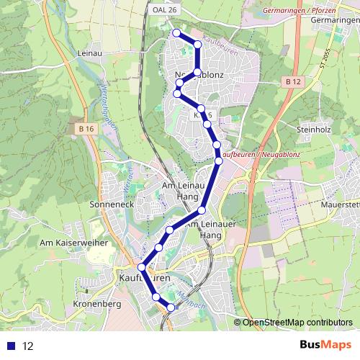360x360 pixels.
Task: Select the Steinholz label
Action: click(312, 129)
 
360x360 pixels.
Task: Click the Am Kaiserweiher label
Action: click(73, 243)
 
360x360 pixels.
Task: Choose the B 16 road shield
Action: click(87, 128)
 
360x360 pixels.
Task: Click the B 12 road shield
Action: click(292, 83)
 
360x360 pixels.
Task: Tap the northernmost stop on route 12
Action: click(176, 32)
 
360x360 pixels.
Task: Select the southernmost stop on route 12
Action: click(171, 307)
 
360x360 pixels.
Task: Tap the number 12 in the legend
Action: click(28, 346)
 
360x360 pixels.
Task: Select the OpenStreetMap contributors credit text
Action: click(297, 322)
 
